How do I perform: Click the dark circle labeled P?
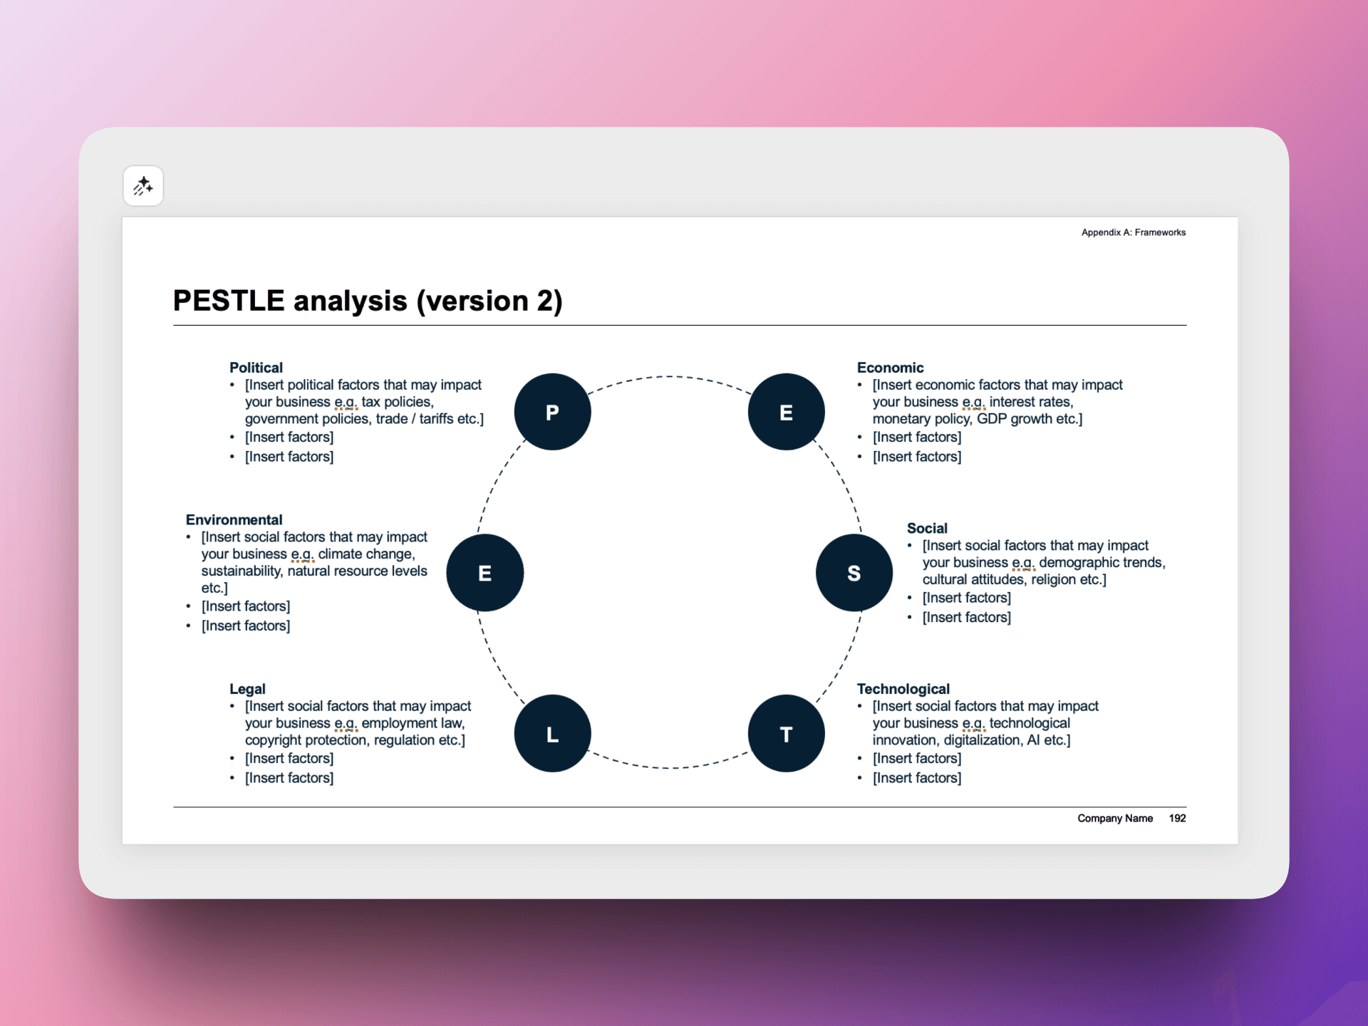point(552,412)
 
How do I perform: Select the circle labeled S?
point(854,573)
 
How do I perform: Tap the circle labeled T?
point(786,733)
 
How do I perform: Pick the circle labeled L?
point(552,733)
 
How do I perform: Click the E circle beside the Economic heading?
point(786,412)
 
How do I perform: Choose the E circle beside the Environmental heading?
point(484,573)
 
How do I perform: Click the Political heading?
point(256,368)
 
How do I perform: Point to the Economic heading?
point(890,368)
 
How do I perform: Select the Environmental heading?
point(234,519)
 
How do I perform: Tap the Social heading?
point(926,528)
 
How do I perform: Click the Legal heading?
point(247,689)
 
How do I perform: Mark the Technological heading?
point(903,689)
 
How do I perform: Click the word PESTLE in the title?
point(229,301)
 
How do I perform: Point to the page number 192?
point(1177,818)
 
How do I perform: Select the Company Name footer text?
point(1114,818)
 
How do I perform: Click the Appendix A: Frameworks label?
point(1133,232)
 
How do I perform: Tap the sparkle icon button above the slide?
point(143,186)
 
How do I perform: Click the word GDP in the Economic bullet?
point(991,419)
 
